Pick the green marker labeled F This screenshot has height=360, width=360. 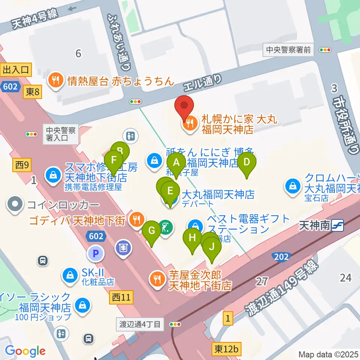114,162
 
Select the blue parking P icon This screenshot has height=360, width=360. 96,254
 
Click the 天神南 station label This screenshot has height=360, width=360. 315,225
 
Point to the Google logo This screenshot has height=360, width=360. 25,351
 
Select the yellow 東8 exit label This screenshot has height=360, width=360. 33,92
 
